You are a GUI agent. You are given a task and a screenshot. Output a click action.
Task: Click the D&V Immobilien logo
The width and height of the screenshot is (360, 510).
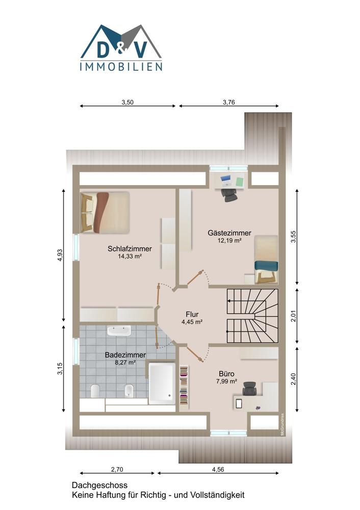[x=121, y=47]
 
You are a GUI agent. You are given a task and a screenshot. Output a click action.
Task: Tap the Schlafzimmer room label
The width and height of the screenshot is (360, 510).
[x=130, y=249]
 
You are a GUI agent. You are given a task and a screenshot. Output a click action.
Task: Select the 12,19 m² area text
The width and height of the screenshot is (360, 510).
[x=229, y=241]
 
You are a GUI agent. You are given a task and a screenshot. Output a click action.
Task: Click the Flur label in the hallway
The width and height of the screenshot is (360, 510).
[x=192, y=314]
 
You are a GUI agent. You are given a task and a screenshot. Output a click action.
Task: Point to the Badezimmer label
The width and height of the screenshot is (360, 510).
[x=125, y=355]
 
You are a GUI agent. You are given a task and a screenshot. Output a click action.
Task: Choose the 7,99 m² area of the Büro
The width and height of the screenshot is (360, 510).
[x=226, y=381]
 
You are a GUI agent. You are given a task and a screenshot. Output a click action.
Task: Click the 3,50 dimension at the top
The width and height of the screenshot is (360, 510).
[x=127, y=102]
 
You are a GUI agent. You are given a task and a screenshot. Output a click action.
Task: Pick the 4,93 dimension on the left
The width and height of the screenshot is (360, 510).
[x=60, y=256]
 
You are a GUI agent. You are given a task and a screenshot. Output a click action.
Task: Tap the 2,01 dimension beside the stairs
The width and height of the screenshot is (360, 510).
[x=293, y=316]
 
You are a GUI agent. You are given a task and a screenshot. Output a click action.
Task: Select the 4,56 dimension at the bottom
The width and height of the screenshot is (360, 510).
[x=218, y=469]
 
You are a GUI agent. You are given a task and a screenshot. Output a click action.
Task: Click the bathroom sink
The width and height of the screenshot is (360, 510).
[x=119, y=330]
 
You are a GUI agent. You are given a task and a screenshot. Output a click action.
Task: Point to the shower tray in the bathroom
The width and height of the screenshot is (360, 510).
[x=162, y=384]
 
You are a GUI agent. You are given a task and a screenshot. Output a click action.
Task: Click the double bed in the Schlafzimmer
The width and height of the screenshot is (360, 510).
[x=105, y=212]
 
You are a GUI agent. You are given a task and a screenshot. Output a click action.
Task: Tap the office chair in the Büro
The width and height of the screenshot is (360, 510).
[x=249, y=388]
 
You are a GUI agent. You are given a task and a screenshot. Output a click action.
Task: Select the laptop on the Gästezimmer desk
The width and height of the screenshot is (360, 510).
[x=226, y=181]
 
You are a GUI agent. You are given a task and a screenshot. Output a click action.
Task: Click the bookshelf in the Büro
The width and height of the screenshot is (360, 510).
[x=184, y=386]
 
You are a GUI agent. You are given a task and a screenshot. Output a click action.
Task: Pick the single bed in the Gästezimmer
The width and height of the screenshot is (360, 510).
[x=266, y=259]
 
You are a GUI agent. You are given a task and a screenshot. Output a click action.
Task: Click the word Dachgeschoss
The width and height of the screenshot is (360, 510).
[x=99, y=486]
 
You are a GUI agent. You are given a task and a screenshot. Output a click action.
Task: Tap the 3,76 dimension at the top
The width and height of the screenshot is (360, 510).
[x=228, y=102]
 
